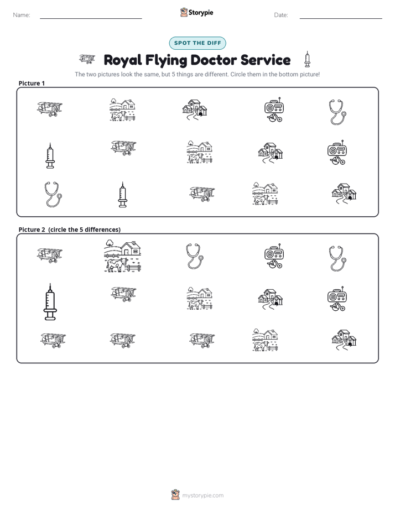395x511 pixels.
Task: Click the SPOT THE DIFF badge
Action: pyautogui.click(x=197, y=43)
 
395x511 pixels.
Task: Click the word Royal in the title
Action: pyautogui.click(x=123, y=60)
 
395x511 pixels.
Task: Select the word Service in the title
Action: pyautogui.click(x=266, y=60)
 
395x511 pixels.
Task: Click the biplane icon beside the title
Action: pyautogui.click(x=87, y=59)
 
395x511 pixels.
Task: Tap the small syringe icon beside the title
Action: pyautogui.click(x=307, y=59)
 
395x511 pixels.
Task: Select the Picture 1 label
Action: pyautogui.click(x=32, y=83)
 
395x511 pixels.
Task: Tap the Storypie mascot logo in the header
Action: pyautogui.click(x=184, y=12)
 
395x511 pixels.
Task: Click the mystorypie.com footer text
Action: pyautogui.click(x=202, y=496)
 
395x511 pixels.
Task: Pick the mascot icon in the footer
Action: pyautogui.click(x=175, y=495)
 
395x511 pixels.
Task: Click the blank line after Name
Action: pyautogui.click(x=91, y=18)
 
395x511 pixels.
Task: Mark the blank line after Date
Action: pyautogui.click(x=341, y=18)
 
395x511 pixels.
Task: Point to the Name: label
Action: pyautogui.click(x=22, y=15)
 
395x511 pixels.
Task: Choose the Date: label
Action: pyautogui.click(x=281, y=15)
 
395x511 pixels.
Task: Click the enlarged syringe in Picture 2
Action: pyautogui.click(x=50, y=302)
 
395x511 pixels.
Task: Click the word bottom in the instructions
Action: pyautogui.click(x=281, y=74)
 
